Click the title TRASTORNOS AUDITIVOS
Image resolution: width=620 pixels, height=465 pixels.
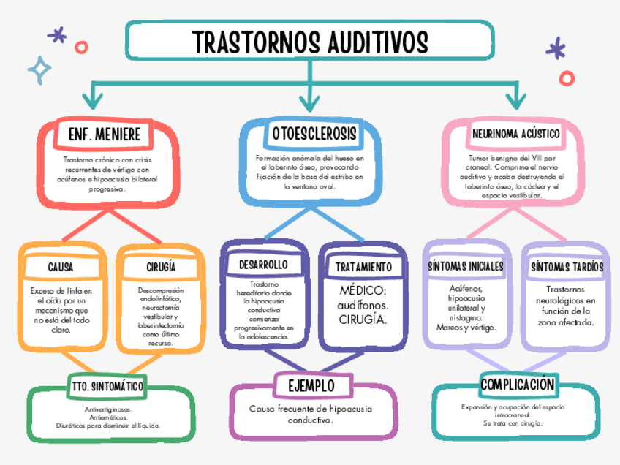(310, 42)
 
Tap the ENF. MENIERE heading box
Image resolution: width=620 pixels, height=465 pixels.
(104, 135)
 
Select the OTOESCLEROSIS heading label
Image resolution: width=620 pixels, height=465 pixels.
(314, 134)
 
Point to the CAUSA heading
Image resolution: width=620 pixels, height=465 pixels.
(61, 268)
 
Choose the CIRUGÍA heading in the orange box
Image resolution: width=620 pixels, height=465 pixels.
(161, 268)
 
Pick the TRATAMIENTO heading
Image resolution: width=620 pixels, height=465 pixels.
(363, 268)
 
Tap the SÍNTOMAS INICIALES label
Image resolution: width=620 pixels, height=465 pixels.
(466, 267)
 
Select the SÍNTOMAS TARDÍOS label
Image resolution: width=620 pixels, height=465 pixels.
(567, 268)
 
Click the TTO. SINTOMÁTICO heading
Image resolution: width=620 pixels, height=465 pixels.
(107, 385)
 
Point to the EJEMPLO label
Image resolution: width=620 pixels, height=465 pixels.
(311, 385)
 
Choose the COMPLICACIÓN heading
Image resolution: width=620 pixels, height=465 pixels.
(518, 385)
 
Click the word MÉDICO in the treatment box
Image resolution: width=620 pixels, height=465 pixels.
(363, 291)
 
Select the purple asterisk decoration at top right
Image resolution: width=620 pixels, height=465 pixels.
(556, 50)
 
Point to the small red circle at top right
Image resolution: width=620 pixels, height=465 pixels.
(567, 77)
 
